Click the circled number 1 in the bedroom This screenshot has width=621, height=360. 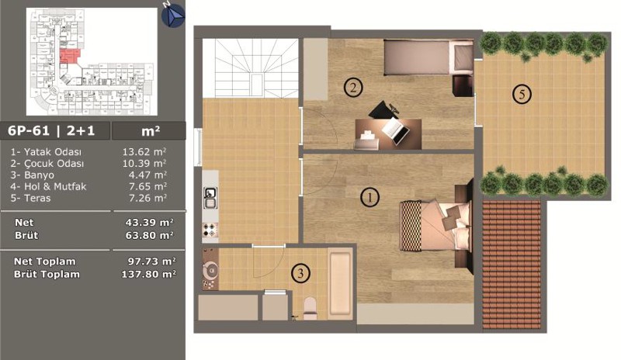(369, 197)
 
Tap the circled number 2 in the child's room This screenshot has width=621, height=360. (353, 88)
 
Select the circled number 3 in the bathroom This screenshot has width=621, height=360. (300, 273)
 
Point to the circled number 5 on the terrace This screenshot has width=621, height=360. (522, 94)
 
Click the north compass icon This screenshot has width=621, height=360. (173, 16)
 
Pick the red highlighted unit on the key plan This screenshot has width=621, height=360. (69, 56)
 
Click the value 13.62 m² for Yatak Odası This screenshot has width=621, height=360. (144, 152)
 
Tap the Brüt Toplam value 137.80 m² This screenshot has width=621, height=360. (148, 274)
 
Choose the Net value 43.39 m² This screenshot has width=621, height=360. (149, 223)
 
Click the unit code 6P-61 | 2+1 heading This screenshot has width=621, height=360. (51, 130)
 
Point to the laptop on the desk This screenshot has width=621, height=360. (395, 131)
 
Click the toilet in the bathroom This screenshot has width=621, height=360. (310, 308)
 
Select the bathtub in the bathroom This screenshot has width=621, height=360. (340, 283)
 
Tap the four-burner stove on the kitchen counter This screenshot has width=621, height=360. (210, 230)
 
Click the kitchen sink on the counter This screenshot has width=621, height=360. (210, 198)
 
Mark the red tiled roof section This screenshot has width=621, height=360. (512, 265)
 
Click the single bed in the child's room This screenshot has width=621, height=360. (428, 57)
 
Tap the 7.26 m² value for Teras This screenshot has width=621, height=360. (147, 198)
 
